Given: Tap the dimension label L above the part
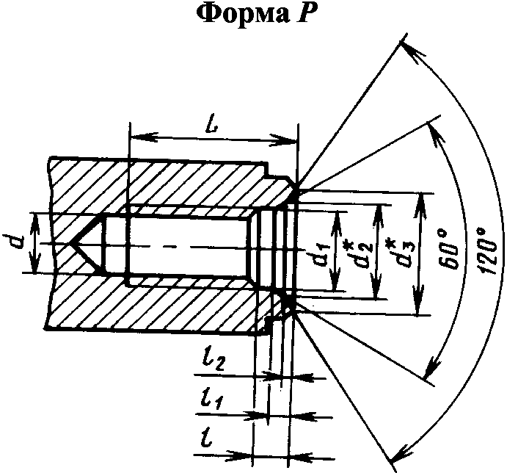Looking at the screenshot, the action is (x=212, y=124).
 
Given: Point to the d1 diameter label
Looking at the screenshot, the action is (x=324, y=252).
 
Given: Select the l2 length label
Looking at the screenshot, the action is (x=214, y=362).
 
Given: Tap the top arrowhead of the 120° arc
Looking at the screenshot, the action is (x=412, y=52).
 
